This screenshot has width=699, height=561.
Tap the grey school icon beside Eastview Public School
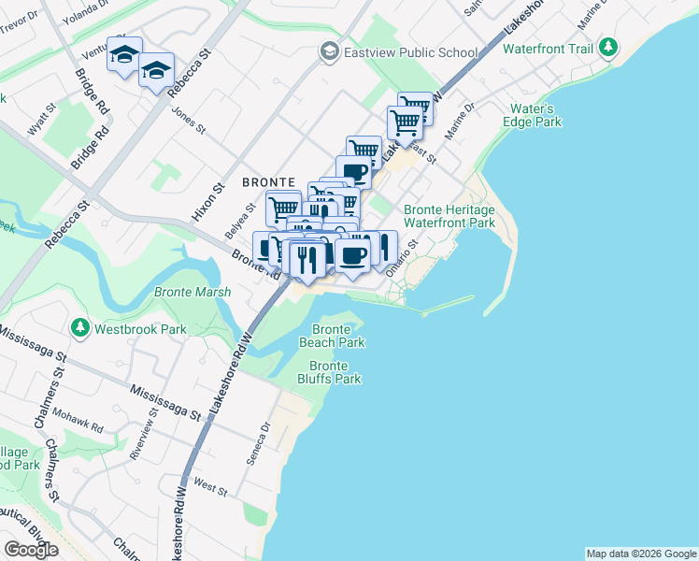(x=329, y=52)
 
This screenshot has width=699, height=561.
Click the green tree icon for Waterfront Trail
(x=608, y=46)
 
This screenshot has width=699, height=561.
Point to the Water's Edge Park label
(x=535, y=115)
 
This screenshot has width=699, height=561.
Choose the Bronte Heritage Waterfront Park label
(x=449, y=217)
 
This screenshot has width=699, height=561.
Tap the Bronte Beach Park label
(x=332, y=337)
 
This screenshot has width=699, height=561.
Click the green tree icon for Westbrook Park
(x=80, y=329)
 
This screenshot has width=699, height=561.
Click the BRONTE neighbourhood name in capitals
(x=268, y=181)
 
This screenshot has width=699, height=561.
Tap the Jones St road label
(x=189, y=115)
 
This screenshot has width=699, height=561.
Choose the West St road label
(x=211, y=488)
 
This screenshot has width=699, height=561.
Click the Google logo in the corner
(x=31, y=550)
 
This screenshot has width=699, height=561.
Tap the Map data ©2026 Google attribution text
(x=641, y=554)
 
